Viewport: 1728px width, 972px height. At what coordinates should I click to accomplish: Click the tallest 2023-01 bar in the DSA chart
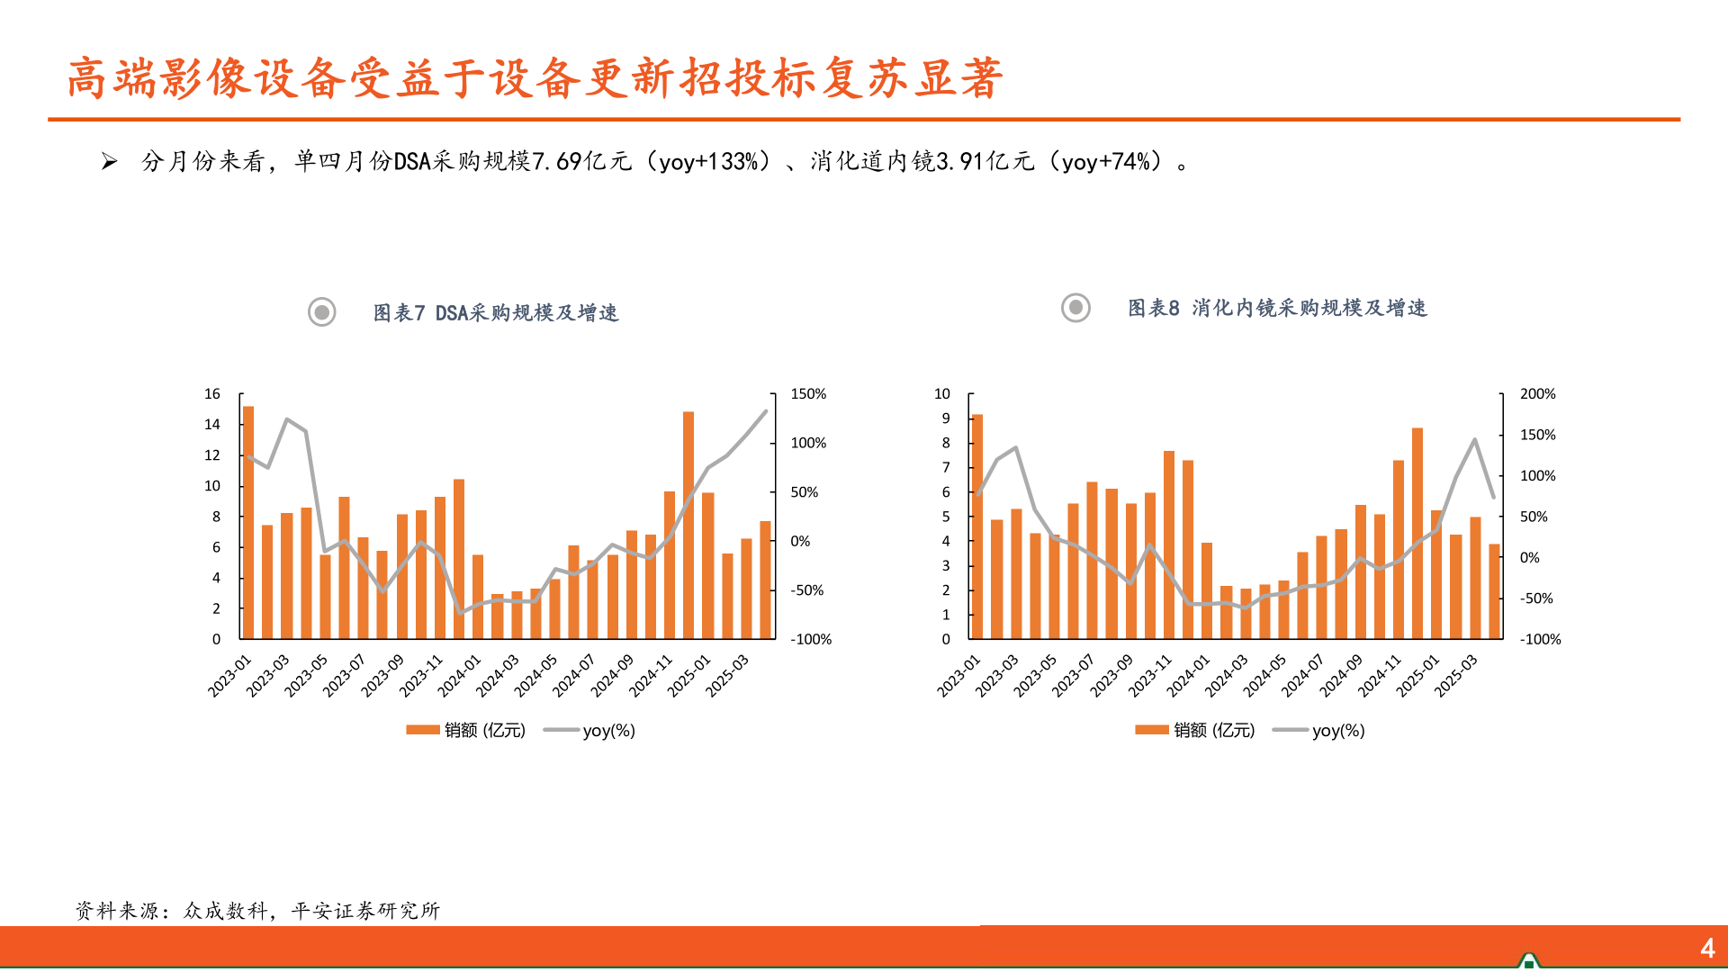click(248, 523)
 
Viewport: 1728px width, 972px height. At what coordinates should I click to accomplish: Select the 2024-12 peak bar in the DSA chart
click(688, 526)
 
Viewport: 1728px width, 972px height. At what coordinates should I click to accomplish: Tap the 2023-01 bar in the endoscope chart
click(977, 526)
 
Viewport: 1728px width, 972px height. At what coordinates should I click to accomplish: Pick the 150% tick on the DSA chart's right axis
click(807, 394)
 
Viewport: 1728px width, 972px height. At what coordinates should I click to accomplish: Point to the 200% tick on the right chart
click(1537, 394)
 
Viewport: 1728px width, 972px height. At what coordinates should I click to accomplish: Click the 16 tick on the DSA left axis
click(212, 394)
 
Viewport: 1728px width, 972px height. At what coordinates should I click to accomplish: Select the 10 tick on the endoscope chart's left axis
click(941, 394)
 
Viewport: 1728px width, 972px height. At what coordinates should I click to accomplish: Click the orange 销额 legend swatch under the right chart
click(1151, 730)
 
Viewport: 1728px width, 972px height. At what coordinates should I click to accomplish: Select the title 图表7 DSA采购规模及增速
click(496, 312)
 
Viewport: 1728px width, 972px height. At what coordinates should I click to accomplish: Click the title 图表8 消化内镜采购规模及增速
click(1277, 308)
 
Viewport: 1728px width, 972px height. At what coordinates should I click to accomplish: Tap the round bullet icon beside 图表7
click(322, 312)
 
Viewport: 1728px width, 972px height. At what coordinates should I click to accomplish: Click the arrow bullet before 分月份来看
click(110, 162)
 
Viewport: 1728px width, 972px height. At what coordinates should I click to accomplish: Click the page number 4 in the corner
click(1707, 948)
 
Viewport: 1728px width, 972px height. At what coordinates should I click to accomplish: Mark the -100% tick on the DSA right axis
click(810, 640)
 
